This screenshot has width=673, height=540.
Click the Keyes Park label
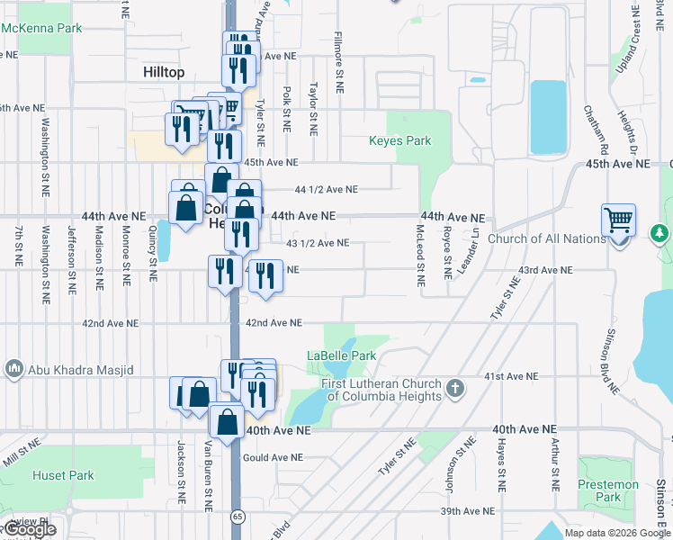click(400, 141)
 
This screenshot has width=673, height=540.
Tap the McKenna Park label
click(41, 28)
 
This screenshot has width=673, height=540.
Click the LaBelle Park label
click(341, 355)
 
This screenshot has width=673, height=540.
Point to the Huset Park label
click(58, 475)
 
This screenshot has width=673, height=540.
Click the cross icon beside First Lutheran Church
click(455, 389)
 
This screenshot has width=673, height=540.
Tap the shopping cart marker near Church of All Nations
click(619, 219)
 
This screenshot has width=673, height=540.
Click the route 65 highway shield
click(237, 517)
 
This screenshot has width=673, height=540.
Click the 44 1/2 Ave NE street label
click(327, 190)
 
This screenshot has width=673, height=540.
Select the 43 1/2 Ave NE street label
click(318, 243)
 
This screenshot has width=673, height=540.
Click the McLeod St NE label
click(420, 256)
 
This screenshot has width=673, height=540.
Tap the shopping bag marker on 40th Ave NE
click(228, 420)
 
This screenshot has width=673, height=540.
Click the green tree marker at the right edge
click(660, 234)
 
